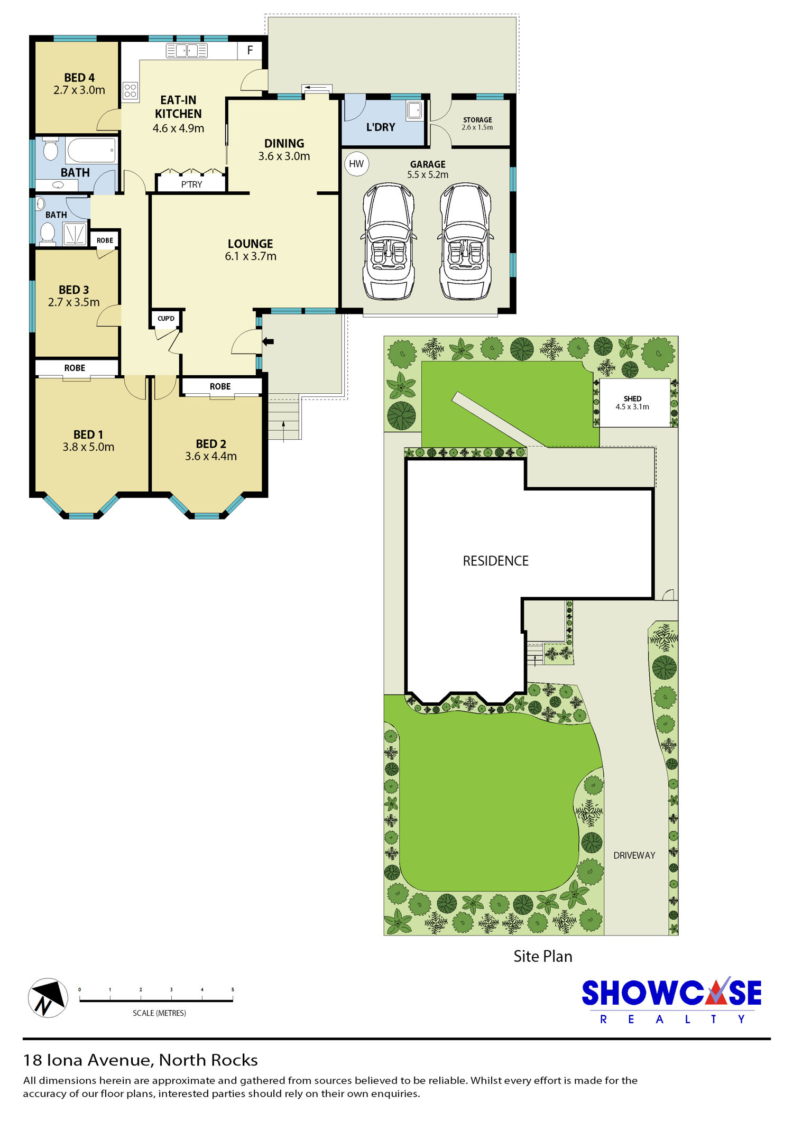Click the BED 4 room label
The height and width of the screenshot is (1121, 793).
[x=79, y=78]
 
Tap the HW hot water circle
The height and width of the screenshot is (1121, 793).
[x=356, y=164]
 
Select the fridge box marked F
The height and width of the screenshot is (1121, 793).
[x=250, y=50]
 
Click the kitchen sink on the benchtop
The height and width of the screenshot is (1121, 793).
[x=187, y=51]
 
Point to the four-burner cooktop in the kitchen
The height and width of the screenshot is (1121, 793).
[x=131, y=90]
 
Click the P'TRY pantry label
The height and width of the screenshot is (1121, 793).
[x=191, y=184]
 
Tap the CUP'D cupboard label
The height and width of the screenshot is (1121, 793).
[x=166, y=319]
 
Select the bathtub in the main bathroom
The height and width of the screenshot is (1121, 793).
[x=91, y=151]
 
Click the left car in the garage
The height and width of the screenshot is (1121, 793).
[x=388, y=241]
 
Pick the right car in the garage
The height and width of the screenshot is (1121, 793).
[x=465, y=241]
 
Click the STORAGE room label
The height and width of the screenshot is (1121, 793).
[x=477, y=120]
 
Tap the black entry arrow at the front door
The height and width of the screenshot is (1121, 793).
[x=268, y=341]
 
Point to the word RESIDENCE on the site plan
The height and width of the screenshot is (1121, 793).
[x=495, y=561]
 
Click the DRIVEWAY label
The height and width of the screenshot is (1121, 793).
[x=634, y=855]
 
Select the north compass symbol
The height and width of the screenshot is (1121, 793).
[x=48, y=998]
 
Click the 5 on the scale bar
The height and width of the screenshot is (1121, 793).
[x=233, y=989]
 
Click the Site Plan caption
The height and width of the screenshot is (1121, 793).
[x=543, y=957]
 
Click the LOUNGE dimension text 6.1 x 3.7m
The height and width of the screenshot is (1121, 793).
[x=251, y=256]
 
